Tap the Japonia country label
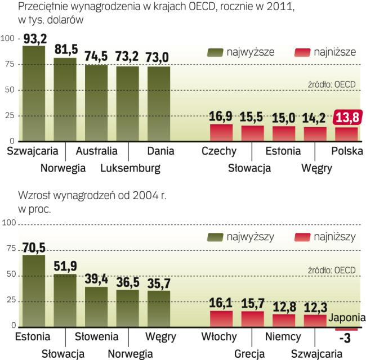348,317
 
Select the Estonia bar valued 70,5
34,291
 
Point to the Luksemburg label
131,168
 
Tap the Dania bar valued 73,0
159,103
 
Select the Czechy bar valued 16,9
221,132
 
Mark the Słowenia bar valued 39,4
96,307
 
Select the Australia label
96,151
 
